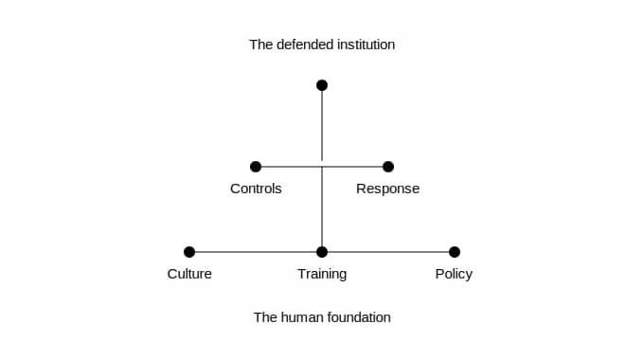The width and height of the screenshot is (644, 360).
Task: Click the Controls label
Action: pos(256,189)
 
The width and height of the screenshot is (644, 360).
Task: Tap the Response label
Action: pos(387,189)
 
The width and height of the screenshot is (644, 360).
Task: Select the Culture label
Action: pos(189,274)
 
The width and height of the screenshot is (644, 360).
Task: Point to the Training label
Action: pos(322,274)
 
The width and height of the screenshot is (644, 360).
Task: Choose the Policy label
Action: pos(454,274)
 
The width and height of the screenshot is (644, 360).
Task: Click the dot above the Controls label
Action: pos(256,167)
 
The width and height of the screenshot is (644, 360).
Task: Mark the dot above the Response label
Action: pos(388,167)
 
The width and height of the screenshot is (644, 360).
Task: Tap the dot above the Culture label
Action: pos(189,252)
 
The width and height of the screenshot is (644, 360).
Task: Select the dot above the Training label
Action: pos(322,252)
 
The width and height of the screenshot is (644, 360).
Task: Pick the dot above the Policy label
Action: pos(455,252)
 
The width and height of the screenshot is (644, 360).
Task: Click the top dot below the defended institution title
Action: pos(322,85)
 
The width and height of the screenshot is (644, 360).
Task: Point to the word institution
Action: pos(366,45)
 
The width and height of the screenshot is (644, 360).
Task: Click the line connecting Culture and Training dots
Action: pos(256,252)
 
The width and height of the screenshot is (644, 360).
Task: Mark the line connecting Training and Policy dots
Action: pos(388,252)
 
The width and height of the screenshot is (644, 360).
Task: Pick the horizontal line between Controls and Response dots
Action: pos(322,167)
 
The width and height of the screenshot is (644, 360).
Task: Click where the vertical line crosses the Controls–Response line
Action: pos(322,167)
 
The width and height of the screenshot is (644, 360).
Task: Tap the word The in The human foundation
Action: pos(265,317)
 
